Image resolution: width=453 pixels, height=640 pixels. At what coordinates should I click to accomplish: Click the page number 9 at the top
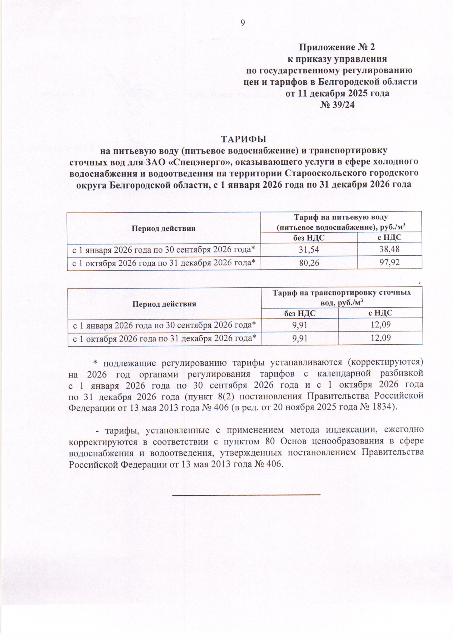(243, 23)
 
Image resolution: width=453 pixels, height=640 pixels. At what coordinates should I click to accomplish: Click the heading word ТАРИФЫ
(243, 139)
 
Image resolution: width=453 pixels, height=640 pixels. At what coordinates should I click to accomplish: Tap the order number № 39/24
(337, 105)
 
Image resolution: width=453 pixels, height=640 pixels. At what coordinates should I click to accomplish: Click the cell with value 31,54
(308, 250)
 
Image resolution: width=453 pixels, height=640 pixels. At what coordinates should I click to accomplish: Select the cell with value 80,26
(308, 263)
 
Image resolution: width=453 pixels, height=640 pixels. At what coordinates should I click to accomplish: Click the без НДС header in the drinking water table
(308, 238)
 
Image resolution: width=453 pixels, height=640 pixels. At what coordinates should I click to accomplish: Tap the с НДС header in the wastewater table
(380, 313)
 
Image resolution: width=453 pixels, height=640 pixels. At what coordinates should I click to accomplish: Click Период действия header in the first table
(163, 228)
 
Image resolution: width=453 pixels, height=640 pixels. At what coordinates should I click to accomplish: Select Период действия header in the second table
(164, 303)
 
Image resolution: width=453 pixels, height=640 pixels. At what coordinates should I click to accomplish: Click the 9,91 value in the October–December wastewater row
(300, 339)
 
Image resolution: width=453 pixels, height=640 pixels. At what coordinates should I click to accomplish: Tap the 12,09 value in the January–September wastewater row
(381, 325)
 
